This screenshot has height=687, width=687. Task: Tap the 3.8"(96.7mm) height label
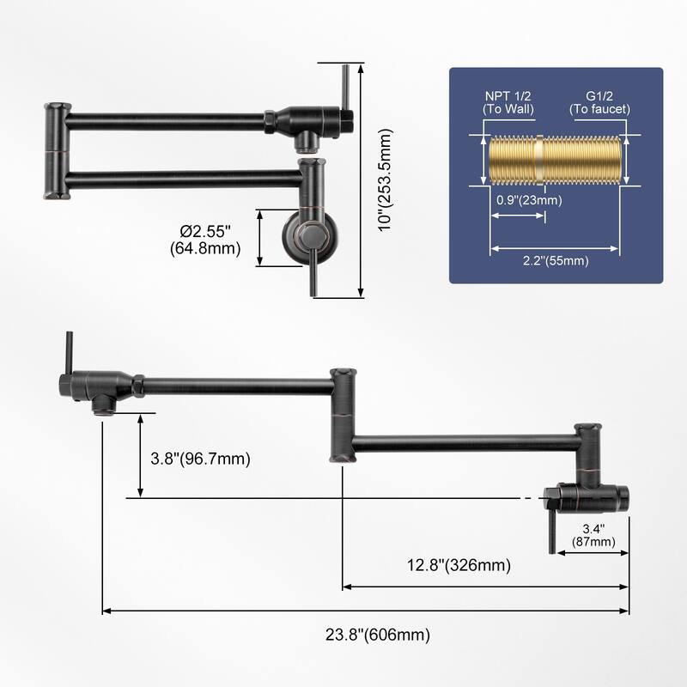[200, 459]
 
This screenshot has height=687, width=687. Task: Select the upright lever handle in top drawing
[344, 90]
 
